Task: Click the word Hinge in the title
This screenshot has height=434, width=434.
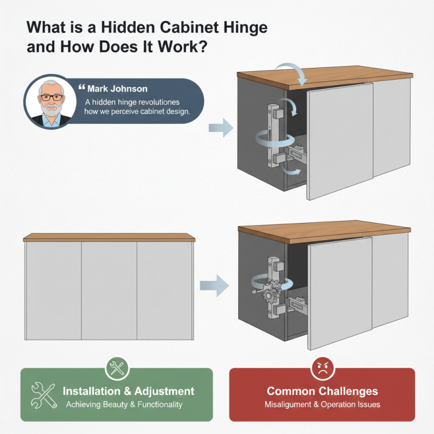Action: (242, 27)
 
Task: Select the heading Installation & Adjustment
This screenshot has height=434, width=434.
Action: (129, 391)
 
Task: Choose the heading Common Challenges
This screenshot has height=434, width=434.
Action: (322, 391)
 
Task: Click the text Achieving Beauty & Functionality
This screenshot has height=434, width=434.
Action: (124, 405)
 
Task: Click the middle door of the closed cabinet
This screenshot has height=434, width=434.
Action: (109, 290)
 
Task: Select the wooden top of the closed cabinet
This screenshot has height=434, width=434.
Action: (109, 238)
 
